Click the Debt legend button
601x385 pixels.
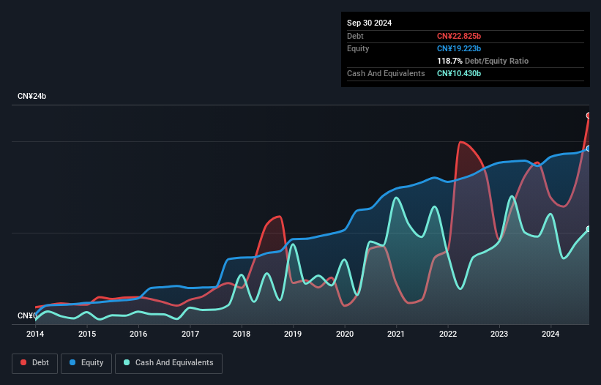pos(34,363)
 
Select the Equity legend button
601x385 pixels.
pos(86,363)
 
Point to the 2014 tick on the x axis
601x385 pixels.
pos(35,334)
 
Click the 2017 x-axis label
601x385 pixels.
pos(190,334)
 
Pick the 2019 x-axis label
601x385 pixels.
pos(294,334)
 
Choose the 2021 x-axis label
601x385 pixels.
pos(396,334)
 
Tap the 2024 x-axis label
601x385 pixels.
pos(550,334)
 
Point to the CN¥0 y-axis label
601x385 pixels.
pos(26,316)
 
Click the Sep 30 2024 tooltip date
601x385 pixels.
pos(369,23)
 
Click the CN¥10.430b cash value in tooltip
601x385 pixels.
pos(460,73)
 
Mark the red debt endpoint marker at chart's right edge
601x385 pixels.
pos(589,116)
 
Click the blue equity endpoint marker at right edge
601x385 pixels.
pos(589,149)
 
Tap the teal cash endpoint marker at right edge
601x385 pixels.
pos(589,229)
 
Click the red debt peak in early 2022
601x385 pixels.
pos(460,142)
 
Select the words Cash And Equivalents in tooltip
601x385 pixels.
pos(386,73)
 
